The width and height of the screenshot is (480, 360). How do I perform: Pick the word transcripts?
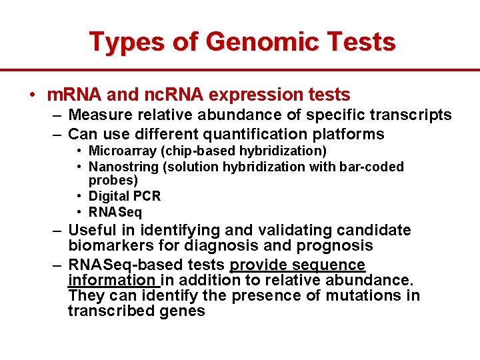pos(412,115)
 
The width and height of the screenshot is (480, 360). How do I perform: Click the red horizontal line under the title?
pos(240,69)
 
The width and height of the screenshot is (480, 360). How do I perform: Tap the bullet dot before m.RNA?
pos(33,95)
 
